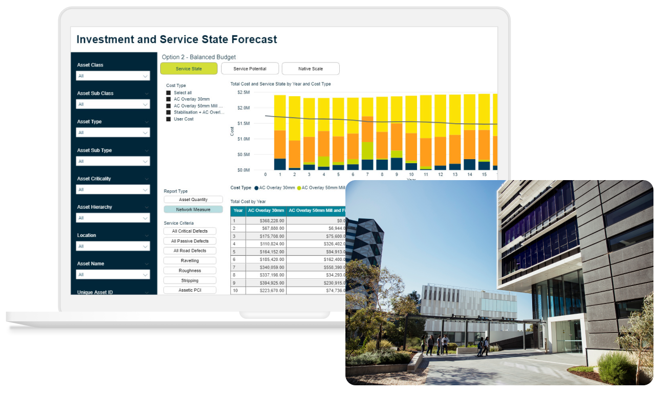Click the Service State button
[189, 69]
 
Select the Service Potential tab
[250, 69]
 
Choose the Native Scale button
[311, 69]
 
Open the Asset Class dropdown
[113, 76]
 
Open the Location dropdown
[113, 246]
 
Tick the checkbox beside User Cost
[168, 119]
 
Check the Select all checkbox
[168, 93]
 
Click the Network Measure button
[193, 210]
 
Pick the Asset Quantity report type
[193, 200]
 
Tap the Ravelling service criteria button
[190, 260]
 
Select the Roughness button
[190, 271]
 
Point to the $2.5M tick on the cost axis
[243, 93]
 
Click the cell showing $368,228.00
[266, 221]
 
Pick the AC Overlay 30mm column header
[266, 210]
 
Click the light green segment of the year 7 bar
[367, 150]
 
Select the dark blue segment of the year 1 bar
[279, 164]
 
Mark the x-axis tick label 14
[470, 174]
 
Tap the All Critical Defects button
[190, 231]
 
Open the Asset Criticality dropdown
[113, 189]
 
